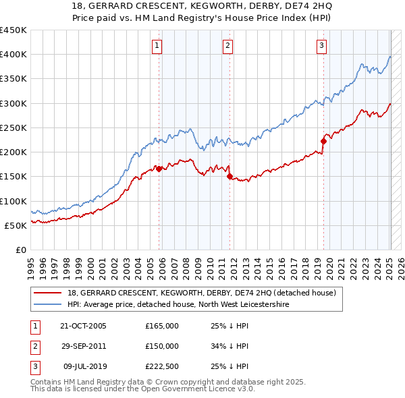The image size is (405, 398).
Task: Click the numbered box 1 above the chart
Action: (x=157, y=46)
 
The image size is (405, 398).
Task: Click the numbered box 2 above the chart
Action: (x=228, y=46)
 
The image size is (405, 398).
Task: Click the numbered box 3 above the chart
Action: (x=321, y=46)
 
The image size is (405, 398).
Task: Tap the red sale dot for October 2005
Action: (x=159, y=169)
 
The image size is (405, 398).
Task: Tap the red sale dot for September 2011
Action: (x=230, y=177)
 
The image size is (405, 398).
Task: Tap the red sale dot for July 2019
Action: (x=323, y=141)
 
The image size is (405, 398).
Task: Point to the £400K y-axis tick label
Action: (x=13, y=55)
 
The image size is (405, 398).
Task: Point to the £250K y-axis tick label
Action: (x=13, y=127)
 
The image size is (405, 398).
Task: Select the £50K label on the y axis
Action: (x=16, y=225)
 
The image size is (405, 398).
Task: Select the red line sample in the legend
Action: (x=49, y=293)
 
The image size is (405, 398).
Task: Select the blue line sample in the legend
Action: (x=49, y=305)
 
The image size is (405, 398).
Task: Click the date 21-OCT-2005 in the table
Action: (x=83, y=326)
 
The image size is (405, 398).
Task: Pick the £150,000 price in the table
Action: (x=162, y=346)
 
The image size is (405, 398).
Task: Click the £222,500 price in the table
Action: (x=162, y=366)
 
